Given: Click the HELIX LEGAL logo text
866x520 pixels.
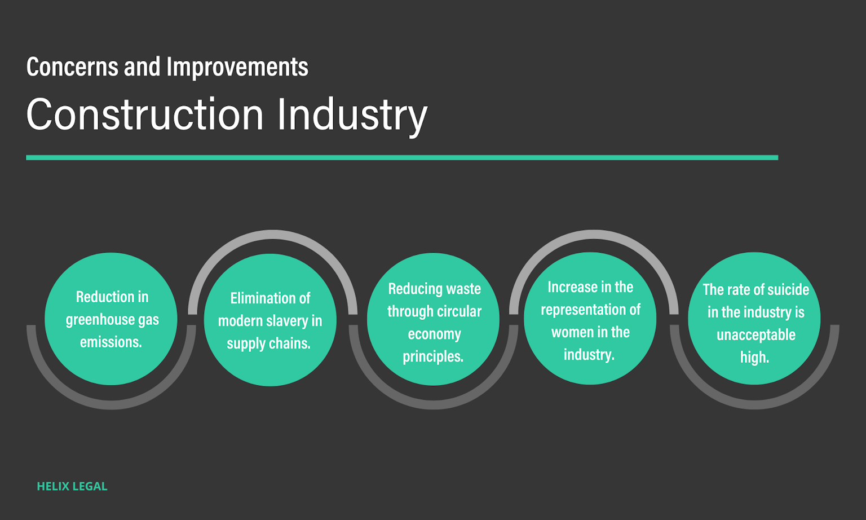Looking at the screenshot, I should [72, 486].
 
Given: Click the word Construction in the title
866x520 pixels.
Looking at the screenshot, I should [145, 114].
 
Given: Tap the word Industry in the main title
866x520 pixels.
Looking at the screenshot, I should [352, 114].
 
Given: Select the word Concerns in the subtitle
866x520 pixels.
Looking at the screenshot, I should [72, 67].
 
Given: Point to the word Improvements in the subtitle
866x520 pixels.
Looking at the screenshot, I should [237, 67].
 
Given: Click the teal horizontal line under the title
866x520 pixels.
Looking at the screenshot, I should [401, 157].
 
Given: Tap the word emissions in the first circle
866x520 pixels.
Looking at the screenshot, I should [111, 342].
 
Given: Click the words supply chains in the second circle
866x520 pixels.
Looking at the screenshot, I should [268, 343].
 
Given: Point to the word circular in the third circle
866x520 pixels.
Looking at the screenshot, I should [458, 311].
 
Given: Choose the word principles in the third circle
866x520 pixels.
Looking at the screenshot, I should [433, 356].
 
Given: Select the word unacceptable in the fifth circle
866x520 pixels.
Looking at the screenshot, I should [755, 335].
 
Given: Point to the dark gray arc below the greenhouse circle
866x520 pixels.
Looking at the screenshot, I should [111, 404].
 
